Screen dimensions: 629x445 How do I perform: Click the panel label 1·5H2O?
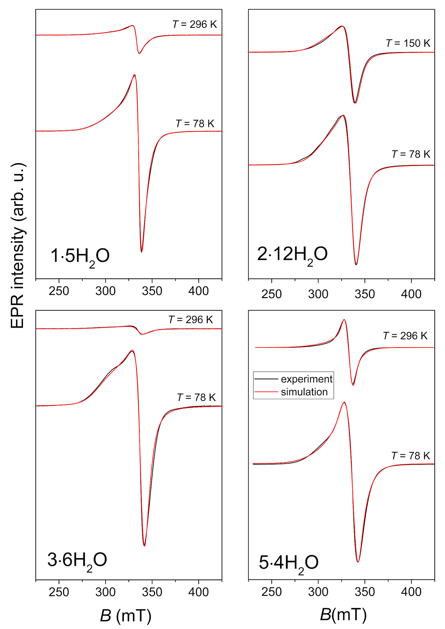(80, 256)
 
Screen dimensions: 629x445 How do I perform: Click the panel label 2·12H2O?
(292, 255)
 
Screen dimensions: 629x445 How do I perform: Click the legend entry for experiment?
(306, 379)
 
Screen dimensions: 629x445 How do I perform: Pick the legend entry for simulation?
(304, 392)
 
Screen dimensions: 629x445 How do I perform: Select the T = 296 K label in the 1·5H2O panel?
(195, 24)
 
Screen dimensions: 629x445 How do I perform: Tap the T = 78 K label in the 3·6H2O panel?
(196, 397)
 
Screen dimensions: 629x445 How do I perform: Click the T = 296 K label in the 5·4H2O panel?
(405, 336)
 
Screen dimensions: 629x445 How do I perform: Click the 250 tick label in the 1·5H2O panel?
(59, 291)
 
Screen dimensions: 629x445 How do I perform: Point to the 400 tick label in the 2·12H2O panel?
(411, 294)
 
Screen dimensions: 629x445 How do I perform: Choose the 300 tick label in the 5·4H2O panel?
(318, 592)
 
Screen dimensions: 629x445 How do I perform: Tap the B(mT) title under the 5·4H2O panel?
(343, 614)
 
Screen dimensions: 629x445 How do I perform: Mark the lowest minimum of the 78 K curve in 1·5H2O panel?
(141, 252)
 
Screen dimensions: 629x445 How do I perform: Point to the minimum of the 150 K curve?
(355, 103)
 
